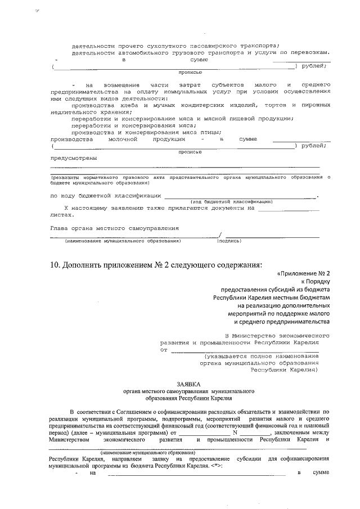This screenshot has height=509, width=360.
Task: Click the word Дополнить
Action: pos(84,265)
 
